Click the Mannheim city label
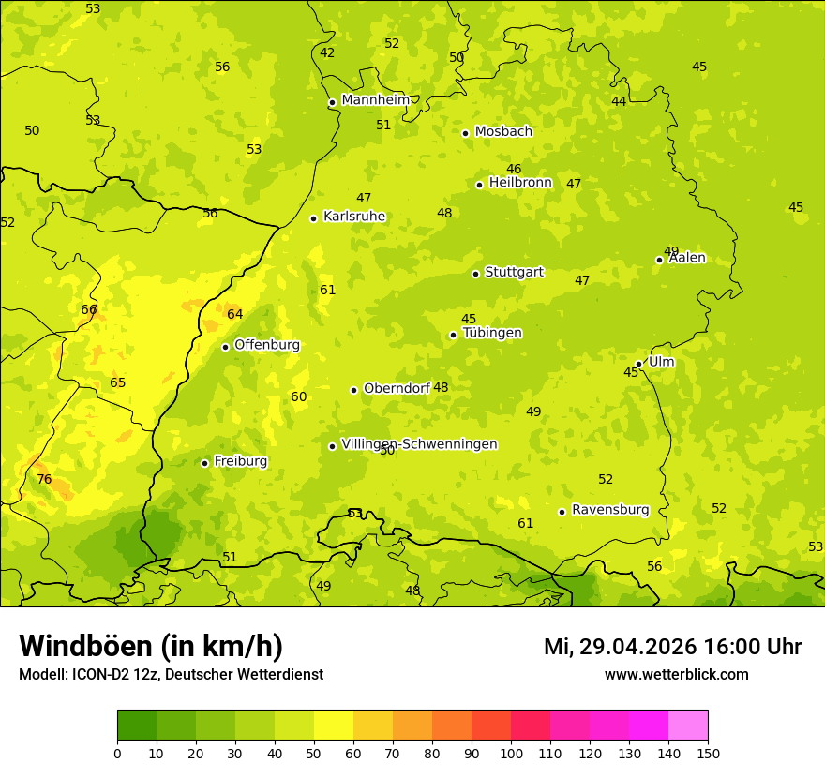[x=375, y=100]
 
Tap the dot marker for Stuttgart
[x=475, y=274]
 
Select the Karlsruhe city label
[x=353, y=217]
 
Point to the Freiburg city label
[x=240, y=461]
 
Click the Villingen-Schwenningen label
[x=419, y=444]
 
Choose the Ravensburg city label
[x=609, y=510]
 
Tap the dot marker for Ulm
[x=638, y=364]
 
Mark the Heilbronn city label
[x=519, y=183]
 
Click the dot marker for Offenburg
[x=225, y=347]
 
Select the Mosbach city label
[x=502, y=132]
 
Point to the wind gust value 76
[x=44, y=479]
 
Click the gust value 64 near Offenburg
[x=234, y=314]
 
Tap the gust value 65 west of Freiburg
[x=117, y=382]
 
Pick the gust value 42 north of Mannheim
[x=327, y=52]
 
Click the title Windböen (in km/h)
[x=151, y=646]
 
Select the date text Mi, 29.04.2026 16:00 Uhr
[x=672, y=647]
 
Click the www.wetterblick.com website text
[x=676, y=675]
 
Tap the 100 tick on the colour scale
[x=511, y=753]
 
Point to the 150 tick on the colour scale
[x=707, y=753]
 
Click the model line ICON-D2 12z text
[x=171, y=675]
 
